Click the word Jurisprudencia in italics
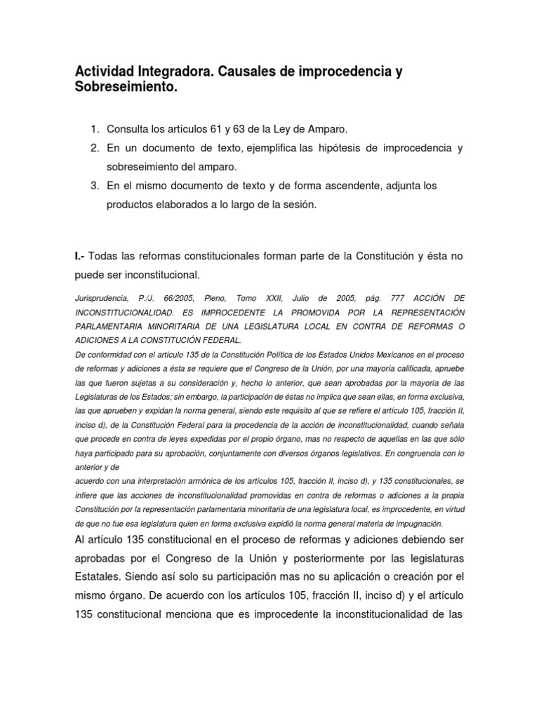coord(103,298)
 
